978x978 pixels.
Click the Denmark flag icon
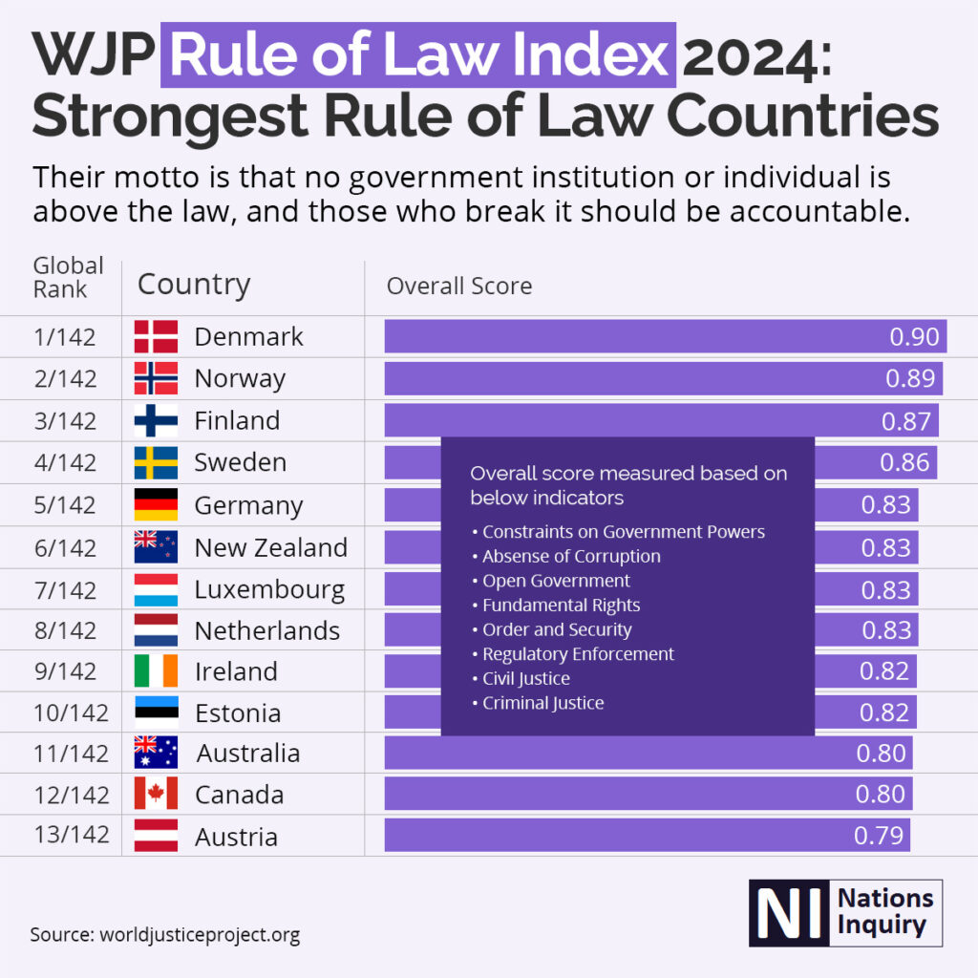click(156, 336)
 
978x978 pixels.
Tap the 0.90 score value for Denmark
click(914, 336)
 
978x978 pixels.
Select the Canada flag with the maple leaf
click(156, 794)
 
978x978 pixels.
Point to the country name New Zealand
click(270, 547)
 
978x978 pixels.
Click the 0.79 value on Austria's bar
click(879, 836)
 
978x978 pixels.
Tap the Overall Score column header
click(458, 287)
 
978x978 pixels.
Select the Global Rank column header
click(68, 277)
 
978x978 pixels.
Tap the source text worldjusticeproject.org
click(200, 934)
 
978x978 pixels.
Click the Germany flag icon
click(156, 503)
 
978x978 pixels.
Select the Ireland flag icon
click(156, 670)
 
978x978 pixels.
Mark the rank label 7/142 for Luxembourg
click(64, 589)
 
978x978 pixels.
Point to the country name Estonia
click(238, 713)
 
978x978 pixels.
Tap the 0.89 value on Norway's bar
click(910, 378)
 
